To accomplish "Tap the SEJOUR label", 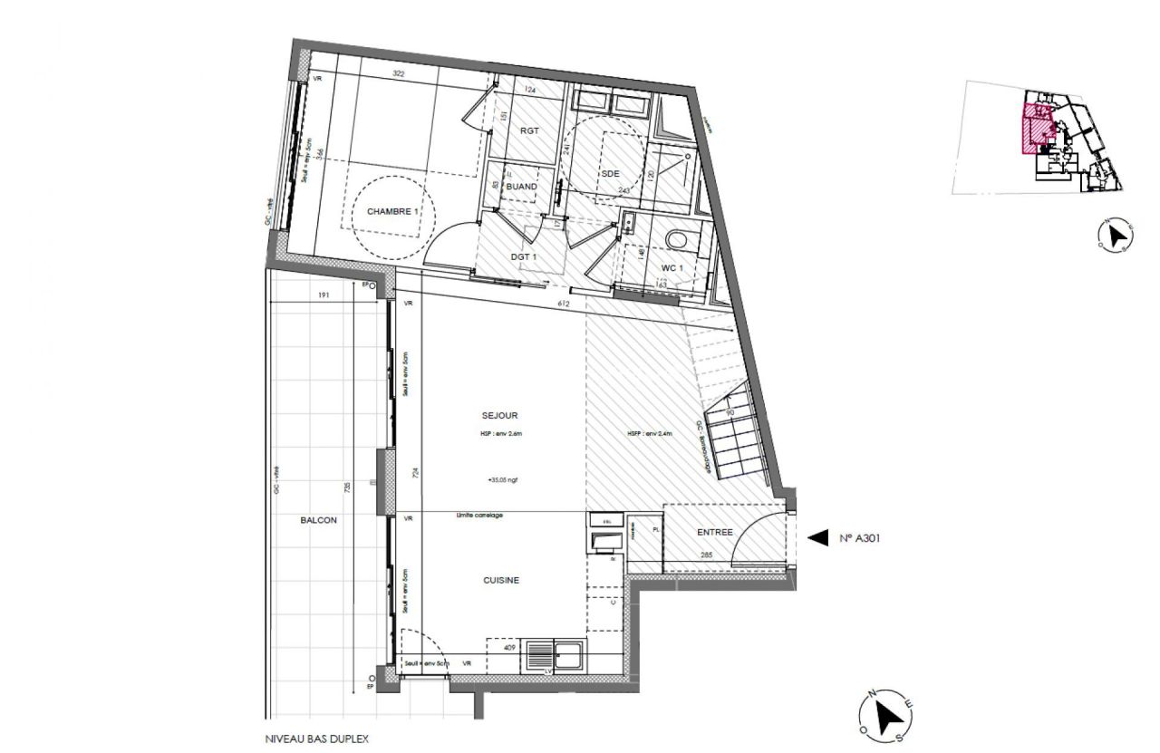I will click(x=499, y=416).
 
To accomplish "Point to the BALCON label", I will click(x=318, y=520).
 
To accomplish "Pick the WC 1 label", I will click(x=672, y=268).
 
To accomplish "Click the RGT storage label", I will click(x=529, y=130).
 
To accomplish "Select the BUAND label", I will click(x=522, y=187).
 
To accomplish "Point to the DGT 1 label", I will click(x=525, y=257).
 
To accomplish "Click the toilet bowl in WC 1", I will click(x=677, y=239).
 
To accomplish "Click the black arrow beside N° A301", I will click(x=817, y=538).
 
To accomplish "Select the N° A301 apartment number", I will click(x=860, y=538).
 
